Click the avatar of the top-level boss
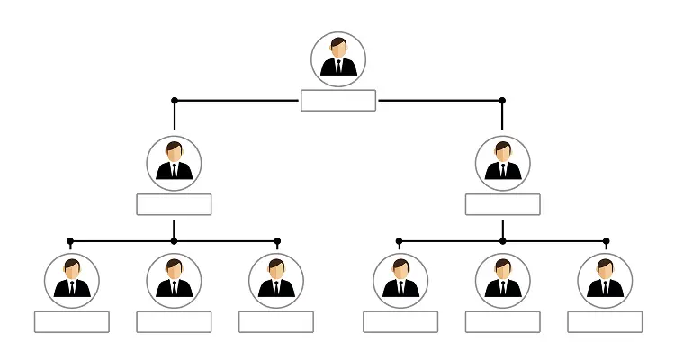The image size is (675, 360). pos(338,59)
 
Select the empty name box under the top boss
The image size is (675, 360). pos(338,100)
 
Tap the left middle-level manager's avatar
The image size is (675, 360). pos(174,164)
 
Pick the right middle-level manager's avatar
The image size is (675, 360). pos(503,164)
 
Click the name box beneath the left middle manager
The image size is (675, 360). pos(174,204)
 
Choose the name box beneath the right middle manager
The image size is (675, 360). pos(503,204)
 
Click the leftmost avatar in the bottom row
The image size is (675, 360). pos(71,280)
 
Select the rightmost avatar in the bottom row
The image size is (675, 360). pos(605,280)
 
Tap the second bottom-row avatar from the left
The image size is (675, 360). pos(174,280)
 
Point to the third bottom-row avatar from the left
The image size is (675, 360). pos(276,280)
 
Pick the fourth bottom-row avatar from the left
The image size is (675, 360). pos(400,280)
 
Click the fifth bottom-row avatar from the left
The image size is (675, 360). pos(503,280)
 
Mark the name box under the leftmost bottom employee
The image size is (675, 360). pos(71,321)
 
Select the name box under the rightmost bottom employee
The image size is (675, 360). pos(605,321)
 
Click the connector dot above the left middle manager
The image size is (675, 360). pos(175,100)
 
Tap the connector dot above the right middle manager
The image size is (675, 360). pos(502,100)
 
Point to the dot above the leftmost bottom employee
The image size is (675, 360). pos(71,241)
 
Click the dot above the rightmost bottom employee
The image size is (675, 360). pos(606,241)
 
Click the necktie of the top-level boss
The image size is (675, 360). pos(338,67)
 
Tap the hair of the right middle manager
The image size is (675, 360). pos(503,145)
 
